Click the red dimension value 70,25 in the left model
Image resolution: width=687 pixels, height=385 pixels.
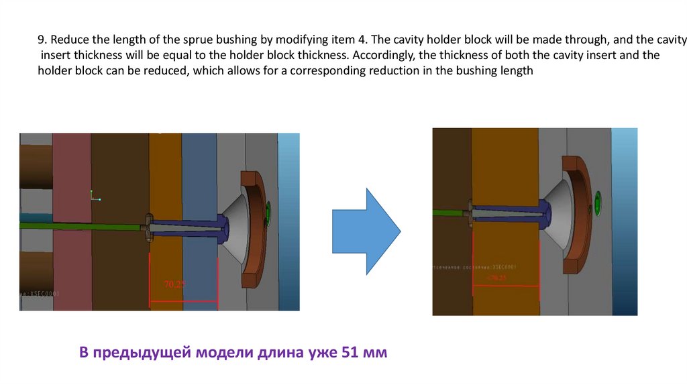point(174,284)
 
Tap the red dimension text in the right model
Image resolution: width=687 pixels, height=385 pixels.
point(497,277)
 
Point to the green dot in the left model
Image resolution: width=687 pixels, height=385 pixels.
point(268,213)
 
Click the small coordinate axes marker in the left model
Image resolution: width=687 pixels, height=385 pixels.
point(95,197)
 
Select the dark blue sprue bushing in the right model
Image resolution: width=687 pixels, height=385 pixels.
point(510,214)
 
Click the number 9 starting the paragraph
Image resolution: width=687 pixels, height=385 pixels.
point(40,40)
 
